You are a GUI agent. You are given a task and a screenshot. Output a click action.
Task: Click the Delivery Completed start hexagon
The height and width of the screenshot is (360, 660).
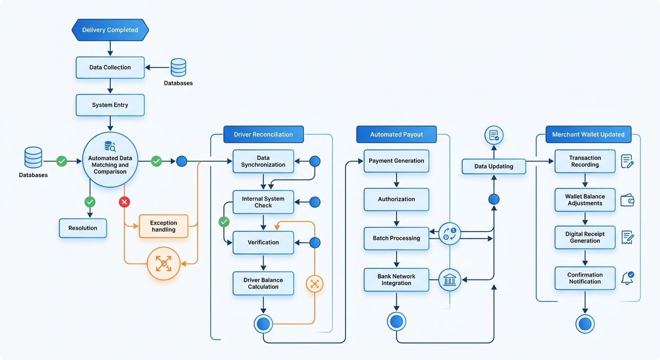click(110, 30)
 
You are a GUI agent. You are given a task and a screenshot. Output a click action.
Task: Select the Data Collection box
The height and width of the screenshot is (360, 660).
click(110, 67)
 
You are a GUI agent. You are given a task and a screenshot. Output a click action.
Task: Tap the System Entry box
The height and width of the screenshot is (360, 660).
click(110, 105)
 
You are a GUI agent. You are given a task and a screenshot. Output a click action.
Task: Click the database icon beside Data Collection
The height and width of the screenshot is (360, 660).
click(179, 67)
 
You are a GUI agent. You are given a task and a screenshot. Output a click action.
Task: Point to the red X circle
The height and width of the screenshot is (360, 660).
click(124, 202)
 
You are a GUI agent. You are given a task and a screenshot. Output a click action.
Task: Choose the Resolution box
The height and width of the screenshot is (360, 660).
click(83, 228)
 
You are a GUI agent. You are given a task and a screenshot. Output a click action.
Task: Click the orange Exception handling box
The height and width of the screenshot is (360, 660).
click(164, 226)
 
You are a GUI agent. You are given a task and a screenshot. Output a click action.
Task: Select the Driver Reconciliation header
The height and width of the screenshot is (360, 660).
click(264, 134)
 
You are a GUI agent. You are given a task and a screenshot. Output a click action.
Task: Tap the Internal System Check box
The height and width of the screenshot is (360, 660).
click(263, 202)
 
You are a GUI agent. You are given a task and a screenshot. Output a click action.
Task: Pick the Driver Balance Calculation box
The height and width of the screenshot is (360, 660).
click(263, 283)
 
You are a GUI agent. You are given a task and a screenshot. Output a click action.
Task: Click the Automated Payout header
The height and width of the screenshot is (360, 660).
click(396, 134)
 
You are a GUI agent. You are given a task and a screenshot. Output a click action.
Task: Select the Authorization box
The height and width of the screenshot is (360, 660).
click(396, 199)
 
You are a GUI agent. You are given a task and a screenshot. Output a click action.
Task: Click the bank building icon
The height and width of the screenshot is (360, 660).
click(450, 279)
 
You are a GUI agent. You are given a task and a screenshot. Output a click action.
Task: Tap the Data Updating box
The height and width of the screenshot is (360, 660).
click(494, 166)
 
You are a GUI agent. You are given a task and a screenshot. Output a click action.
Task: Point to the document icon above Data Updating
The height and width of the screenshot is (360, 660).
click(494, 135)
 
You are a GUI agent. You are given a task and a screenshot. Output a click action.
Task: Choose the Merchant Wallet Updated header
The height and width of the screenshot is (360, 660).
click(588, 134)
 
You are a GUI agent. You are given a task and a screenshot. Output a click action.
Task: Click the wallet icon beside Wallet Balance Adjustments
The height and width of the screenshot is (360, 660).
click(627, 200)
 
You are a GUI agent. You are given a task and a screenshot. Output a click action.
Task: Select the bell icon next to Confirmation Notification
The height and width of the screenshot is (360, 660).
click(627, 278)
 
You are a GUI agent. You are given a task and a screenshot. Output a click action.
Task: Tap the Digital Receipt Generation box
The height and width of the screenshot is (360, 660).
click(585, 237)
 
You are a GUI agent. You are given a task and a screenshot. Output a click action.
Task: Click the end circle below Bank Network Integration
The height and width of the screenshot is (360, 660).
click(396, 321)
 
